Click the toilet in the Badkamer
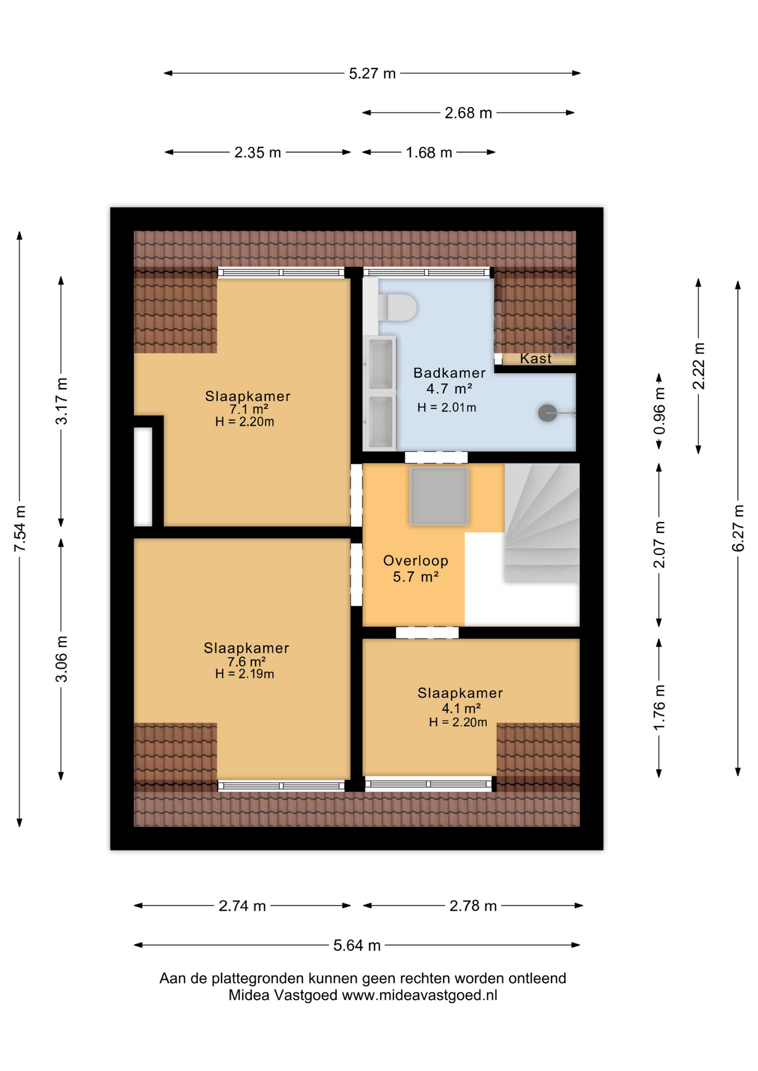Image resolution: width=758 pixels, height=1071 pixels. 397,307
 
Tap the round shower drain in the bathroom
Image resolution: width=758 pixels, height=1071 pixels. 547,413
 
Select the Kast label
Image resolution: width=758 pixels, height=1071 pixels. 536,359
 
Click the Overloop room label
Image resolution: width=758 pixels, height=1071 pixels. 416,561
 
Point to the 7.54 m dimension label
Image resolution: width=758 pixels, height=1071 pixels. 20,529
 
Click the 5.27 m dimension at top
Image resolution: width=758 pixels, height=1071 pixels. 372,74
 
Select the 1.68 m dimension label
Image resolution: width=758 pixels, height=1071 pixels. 429,152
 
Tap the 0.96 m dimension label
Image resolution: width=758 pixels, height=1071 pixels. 659,412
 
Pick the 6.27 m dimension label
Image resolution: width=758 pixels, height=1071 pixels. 738,528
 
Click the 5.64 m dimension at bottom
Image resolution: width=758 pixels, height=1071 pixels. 357,945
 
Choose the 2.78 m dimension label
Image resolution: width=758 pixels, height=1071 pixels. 473,905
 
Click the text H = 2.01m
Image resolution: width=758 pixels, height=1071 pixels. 447,408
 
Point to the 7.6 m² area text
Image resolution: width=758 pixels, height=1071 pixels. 246,662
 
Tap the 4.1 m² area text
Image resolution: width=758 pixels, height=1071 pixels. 461,708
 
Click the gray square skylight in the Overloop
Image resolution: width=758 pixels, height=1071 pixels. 439,496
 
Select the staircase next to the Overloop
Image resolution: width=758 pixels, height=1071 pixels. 541,523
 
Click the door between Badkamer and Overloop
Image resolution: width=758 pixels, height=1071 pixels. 436,457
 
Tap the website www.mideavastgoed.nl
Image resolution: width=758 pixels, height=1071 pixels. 419,995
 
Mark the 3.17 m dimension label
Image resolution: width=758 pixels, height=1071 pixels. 61,401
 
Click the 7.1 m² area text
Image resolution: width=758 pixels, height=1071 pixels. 249,410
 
